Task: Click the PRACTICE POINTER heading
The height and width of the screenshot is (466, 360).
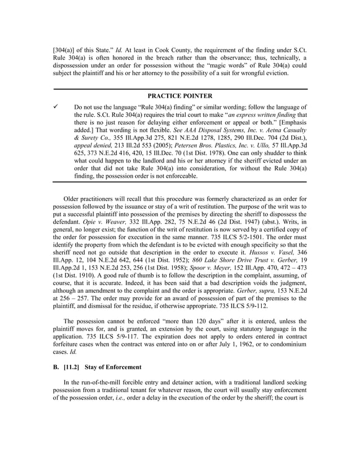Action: point(179,96)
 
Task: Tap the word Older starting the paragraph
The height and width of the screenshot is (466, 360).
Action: point(73,199)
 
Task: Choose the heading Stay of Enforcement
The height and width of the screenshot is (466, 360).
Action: point(113,367)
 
